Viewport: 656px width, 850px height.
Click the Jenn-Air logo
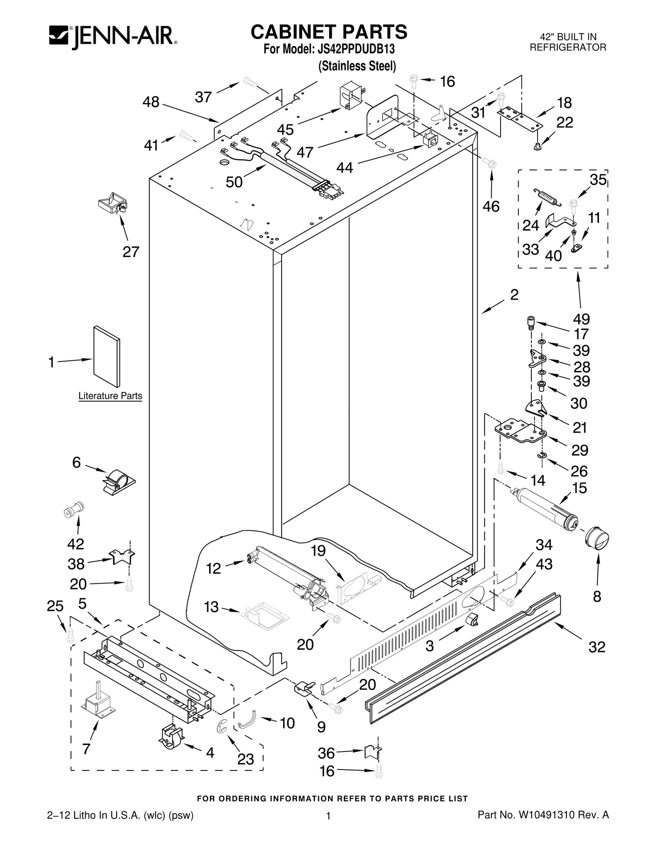[113, 37]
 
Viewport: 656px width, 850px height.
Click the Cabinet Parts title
[329, 32]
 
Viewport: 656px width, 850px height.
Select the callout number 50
[234, 182]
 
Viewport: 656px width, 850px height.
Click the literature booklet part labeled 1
[107, 357]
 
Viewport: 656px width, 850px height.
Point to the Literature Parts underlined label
[110, 396]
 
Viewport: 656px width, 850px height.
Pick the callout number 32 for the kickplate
[597, 647]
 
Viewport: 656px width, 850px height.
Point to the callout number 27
[131, 252]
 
